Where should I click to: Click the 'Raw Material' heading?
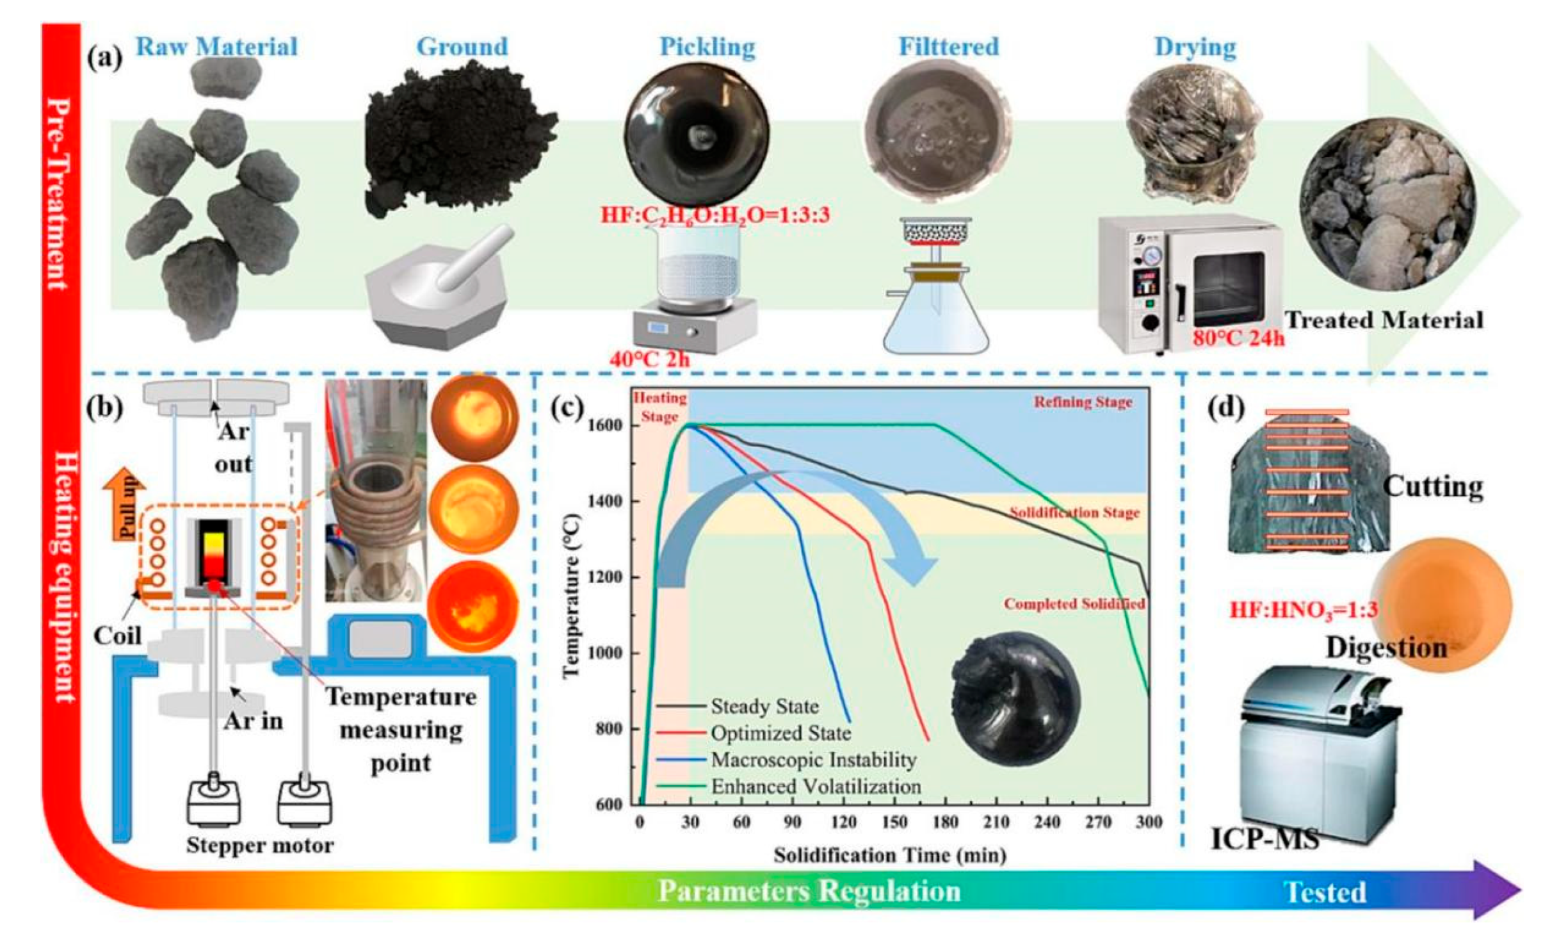[216, 47]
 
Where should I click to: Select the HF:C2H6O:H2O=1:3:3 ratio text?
[715, 215]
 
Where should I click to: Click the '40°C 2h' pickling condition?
[649, 359]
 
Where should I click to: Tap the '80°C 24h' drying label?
[1238, 338]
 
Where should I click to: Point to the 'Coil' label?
[117, 635]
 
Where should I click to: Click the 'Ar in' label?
[253, 721]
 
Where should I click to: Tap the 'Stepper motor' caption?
[260, 846]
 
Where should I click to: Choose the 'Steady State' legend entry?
[764, 707]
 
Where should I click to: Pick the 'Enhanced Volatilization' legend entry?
[816, 787]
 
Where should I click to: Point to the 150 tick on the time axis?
[894, 823]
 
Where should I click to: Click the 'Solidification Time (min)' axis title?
[890, 855]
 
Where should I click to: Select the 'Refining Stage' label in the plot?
[1083, 402]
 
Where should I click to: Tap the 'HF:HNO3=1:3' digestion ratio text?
[1303, 609]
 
